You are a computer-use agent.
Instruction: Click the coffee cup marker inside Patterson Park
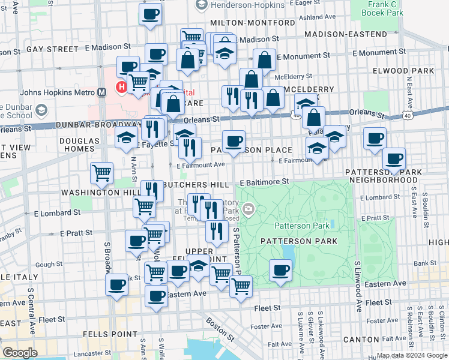(280, 270)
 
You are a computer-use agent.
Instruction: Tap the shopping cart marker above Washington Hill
(101, 173)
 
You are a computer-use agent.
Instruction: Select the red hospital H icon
(122, 87)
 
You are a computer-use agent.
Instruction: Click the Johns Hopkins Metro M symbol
(103, 92)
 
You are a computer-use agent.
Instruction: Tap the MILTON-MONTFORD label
(252, 23)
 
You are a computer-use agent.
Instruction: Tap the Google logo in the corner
(20, 352)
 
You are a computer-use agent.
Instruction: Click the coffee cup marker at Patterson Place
(234, 141)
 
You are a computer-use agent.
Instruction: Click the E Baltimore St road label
(265, 181)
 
